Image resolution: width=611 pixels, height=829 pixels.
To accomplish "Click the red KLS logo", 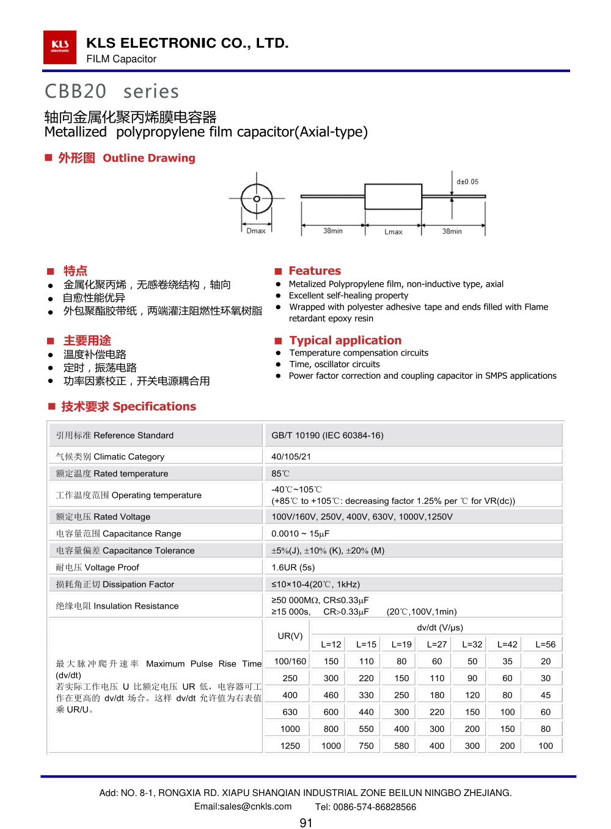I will click(x=59, y=47).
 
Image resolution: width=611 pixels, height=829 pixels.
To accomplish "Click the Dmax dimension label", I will click(x=256, y=231).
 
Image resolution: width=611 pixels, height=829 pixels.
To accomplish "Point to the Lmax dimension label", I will click(x=393, y=232).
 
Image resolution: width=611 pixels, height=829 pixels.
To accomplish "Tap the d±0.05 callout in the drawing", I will click(x=467, y=182).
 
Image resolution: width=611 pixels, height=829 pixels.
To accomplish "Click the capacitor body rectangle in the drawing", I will click(x=393, y=197).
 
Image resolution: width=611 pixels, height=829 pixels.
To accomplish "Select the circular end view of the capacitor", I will click(x=257, y=199).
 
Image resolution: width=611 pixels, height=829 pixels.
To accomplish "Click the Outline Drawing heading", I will click(x=148, y=158).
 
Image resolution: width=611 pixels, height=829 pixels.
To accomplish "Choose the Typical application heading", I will click(x=345, y=340).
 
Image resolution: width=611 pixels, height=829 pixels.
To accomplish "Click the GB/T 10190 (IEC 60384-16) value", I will click(x=327, y=436).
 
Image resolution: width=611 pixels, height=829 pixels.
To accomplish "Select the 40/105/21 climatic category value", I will click(x=291, y=456).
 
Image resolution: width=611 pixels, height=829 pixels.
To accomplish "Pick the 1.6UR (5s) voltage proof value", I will click(x=293, y=568).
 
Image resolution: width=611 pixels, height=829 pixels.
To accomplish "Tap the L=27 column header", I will click(x=437, y=645).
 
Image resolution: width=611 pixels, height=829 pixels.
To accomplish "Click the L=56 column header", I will click(x=546, y=645).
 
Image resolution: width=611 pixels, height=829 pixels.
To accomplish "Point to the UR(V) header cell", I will click(x=290, y=636).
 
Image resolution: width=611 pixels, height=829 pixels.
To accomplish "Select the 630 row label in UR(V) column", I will click(x=290, y=712).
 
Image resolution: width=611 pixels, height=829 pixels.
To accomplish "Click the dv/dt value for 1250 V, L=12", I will click(x=331, y=746).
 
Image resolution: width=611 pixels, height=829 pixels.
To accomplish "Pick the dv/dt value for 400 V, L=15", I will click(x=367, y=695).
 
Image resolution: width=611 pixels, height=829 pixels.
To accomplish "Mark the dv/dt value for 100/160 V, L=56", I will click(x=546, y=662).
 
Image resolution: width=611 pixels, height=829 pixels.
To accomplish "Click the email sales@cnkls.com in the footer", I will click(x=243, y=807).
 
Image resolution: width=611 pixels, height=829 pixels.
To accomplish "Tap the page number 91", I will click(x=306, y=823).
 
